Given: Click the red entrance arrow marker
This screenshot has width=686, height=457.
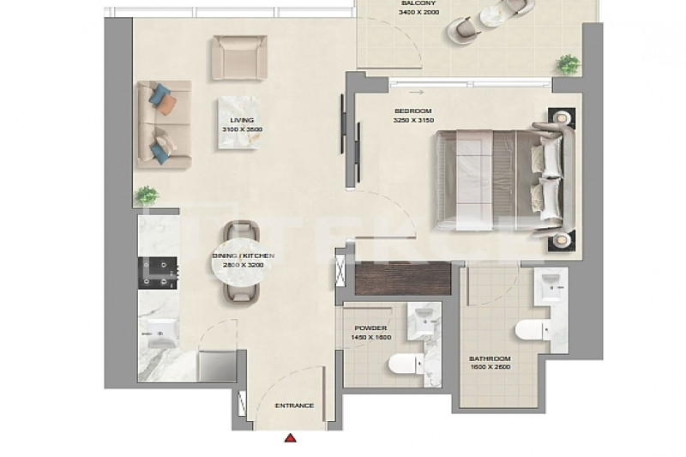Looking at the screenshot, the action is click(x=290, y=438).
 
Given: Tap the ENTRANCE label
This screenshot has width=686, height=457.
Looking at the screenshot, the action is click(x=294, y=406).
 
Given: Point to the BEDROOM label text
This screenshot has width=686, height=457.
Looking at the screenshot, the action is click(x=413, y=111).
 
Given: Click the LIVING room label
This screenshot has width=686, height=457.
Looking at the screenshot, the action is click(x=242, y=120).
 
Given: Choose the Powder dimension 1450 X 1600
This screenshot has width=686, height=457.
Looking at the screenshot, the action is click(x=371, y=338).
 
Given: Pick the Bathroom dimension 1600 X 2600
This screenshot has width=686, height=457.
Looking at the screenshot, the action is click(x=490, y=367).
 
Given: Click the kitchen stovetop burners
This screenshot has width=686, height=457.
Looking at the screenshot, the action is click(x=158, y=273).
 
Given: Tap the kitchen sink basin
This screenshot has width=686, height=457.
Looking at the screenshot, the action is click(x=161, y=334).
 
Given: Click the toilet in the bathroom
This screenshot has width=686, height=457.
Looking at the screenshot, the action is click(x=532, y=330).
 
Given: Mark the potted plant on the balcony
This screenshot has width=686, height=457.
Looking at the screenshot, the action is click(x=569, y=65).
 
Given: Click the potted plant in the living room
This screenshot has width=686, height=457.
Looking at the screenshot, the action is click(x=146, y=195).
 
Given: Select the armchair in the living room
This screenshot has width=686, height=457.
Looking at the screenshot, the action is click(x=240, y=57).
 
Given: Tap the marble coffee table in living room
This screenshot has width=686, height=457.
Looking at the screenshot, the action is click(x=239, y=123).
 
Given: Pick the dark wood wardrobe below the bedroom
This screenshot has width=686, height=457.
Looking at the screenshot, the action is click(x=403, y=278).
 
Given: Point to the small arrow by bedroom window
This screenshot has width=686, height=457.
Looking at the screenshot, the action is click(x=418, y=93).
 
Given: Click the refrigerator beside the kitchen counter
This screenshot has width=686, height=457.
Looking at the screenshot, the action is click(x=218, y=365).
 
